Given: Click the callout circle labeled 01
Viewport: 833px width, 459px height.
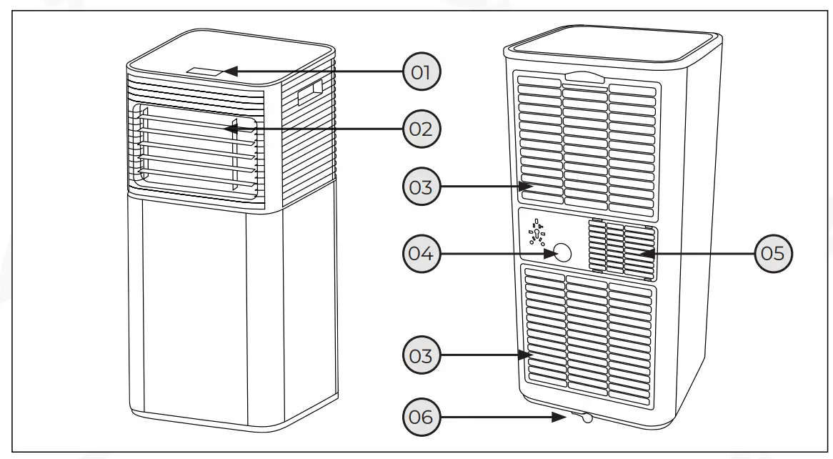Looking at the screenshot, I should [422, 71].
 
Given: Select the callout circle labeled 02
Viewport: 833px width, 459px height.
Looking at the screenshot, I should [422, 129].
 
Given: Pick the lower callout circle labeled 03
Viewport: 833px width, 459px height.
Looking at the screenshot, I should [422, 355].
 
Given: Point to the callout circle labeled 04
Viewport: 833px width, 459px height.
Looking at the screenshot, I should [422, 253].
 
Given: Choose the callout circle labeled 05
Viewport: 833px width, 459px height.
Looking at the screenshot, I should [774, 253].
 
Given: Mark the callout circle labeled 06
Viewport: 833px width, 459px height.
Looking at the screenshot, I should [422, 416].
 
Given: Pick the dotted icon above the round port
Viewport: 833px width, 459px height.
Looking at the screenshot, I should [537, 233].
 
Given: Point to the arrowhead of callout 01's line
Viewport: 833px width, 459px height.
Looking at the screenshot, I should [224, 71].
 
